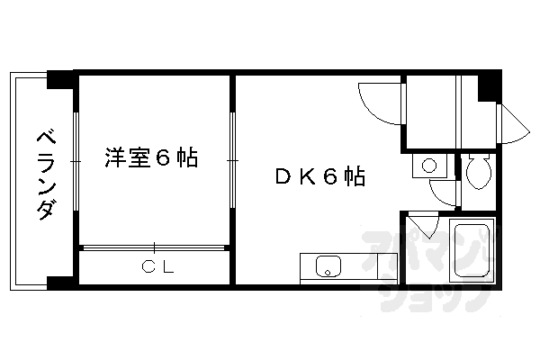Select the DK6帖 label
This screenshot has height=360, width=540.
coord(319,177)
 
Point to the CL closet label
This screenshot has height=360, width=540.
coord(158,266)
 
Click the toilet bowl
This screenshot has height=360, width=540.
coord(478,172)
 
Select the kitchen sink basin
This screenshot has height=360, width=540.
coord(328,266)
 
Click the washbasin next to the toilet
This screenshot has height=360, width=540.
coord(429,166)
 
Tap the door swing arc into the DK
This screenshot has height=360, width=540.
coord(376,101)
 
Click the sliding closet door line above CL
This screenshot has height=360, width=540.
coord(153,246)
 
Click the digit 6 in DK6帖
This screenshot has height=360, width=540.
coord(330,177)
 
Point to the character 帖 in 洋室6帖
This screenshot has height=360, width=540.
coord(186,158)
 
